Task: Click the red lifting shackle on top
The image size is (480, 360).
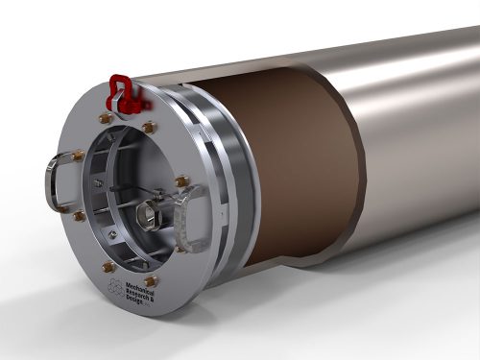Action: click(x=121, y=87)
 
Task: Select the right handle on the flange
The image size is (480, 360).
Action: click(x=196, y=205)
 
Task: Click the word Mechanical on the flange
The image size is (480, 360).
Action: click(x=148, y=288)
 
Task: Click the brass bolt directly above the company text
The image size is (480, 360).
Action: click(x=152, y=280)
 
